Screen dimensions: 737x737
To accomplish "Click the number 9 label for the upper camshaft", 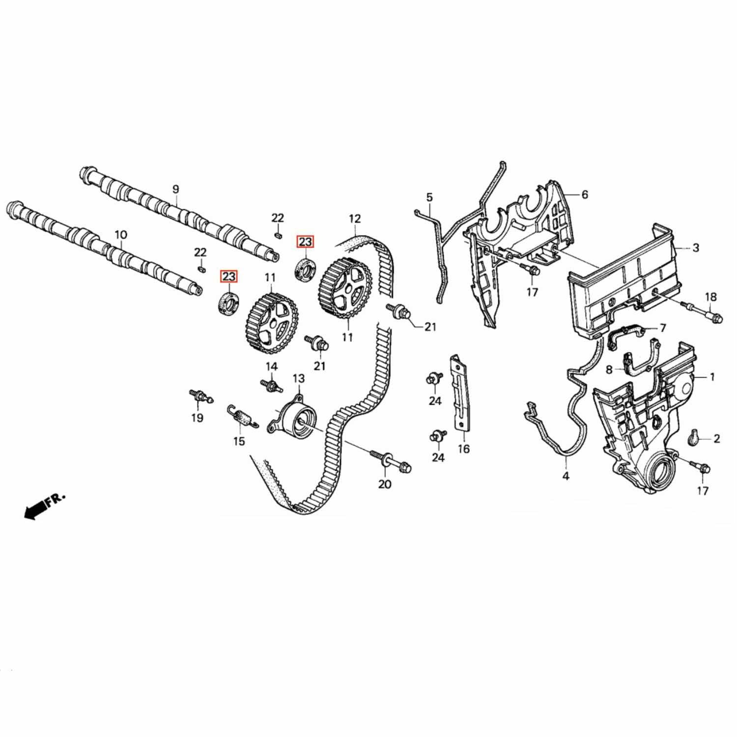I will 175,189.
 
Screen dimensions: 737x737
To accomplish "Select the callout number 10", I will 120,235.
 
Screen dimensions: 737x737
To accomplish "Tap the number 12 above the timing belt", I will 355,219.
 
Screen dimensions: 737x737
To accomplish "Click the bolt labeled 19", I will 199,396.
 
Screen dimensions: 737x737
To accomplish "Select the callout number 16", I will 463,449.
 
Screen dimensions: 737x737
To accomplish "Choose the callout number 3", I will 695,248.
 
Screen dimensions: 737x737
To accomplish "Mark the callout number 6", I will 584,195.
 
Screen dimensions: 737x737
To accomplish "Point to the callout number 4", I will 566,476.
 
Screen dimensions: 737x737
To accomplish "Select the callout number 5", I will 429,198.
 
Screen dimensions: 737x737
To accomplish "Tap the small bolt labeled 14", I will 271,384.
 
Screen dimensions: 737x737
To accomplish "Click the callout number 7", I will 662,328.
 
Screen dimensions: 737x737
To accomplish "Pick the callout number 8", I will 609,370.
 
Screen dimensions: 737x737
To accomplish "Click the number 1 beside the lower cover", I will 712,377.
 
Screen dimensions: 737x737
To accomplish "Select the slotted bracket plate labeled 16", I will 461,393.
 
